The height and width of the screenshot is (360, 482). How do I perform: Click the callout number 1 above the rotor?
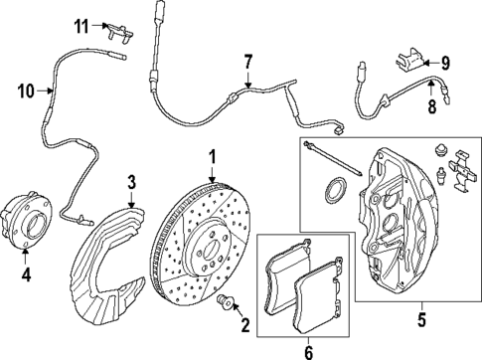[x=213, y=157]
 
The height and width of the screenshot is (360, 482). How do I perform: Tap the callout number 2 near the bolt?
[x=245, y=325]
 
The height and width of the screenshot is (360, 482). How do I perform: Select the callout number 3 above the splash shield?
[x=131, y=182]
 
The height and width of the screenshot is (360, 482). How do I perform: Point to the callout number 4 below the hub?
[x=26, y=274]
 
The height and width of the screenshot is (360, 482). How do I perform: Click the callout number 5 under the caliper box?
[x=421, y=320]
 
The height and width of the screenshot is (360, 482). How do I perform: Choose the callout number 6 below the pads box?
[x=309, y=353]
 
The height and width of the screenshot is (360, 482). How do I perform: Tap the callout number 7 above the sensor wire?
[x=248, y=62]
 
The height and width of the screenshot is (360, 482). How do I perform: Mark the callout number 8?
[x=432, y=106]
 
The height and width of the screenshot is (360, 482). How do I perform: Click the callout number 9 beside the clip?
[x=445, y=63]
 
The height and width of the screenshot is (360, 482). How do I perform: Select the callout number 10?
[x=27, y=90]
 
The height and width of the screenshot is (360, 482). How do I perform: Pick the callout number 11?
[x=81, y=26]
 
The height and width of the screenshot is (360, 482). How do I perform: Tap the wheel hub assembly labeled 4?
[x=27, y=221]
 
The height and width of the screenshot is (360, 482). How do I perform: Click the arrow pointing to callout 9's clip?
[x=431, y=63]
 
